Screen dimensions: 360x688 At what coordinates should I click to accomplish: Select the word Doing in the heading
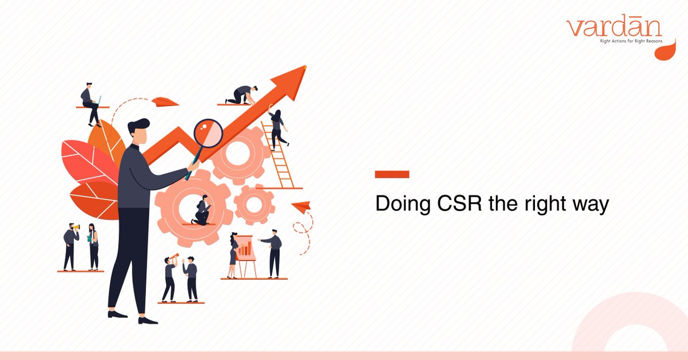(x=401, y=205)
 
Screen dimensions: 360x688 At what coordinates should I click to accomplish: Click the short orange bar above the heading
(x=392, y=174)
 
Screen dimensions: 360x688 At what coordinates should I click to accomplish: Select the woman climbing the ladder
(x=277, y=129)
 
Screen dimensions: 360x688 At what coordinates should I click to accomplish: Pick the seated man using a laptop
(x=91, y=103)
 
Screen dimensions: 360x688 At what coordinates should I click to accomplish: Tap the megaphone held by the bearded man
(x=76, y=229)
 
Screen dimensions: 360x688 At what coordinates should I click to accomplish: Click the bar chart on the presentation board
(x=245, y=249)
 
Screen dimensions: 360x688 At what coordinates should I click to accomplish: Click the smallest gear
(x=255, y=205)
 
